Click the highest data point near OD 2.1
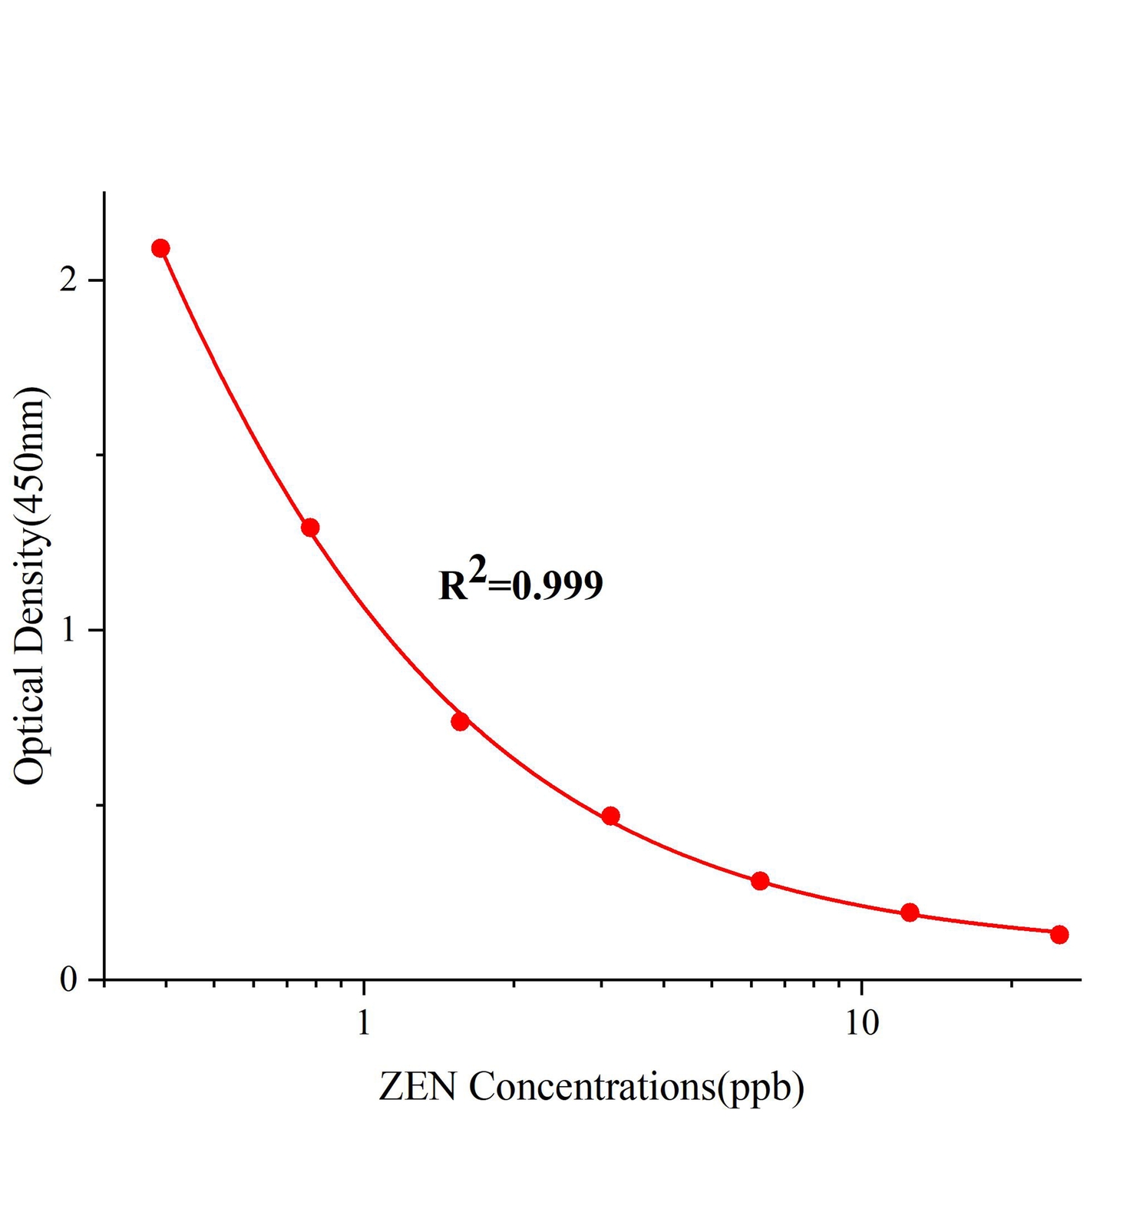160,248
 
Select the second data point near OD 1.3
310,528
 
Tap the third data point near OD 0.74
461,721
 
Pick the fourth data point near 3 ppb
610,816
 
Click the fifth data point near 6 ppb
760,881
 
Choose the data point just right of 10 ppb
910,913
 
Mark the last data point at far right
1059,935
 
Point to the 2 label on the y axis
70,280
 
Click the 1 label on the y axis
70,631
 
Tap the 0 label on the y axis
70,980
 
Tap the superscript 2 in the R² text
477,571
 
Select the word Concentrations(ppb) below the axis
636,1088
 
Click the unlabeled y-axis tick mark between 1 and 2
97,455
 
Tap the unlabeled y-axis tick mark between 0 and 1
97,805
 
